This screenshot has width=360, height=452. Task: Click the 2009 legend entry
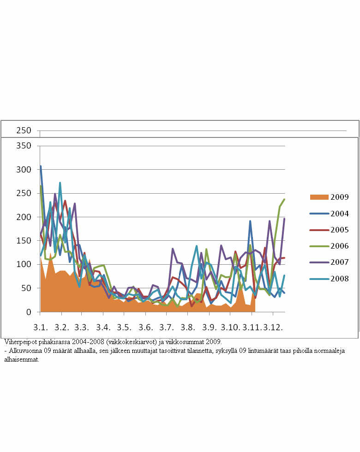coord(339,197)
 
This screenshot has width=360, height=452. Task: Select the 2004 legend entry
coord(339,214)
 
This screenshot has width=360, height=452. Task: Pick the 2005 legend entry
coord(339,230)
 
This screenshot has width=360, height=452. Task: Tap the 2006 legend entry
coord(339,246)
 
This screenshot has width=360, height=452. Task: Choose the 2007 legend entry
coord(339,262)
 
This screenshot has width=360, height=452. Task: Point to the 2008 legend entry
coord(339,279)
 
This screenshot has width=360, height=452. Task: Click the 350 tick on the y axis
coord(23,146)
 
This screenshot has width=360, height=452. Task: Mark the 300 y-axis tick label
coord(23,170)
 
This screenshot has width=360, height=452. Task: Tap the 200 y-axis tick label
coord(23,217)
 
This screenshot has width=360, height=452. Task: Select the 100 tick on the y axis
coord(23,265)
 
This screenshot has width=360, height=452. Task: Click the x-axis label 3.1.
coord(41,327)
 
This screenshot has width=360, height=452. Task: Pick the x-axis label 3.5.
coord(124,327)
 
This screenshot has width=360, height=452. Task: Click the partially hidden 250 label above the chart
coord(23,131)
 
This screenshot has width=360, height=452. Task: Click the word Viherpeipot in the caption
coord(19,342)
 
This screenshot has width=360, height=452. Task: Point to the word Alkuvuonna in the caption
coord(24,351)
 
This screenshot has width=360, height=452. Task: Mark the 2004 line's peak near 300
coord(41,166)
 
